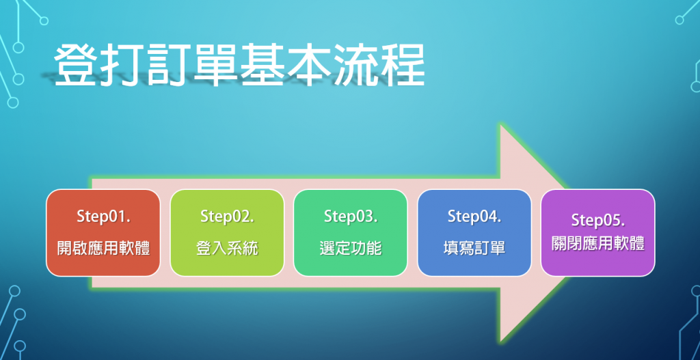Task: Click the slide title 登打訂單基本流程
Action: click(x=239, y=66)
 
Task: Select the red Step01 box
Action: click(x=103, y=233)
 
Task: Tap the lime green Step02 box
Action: click(x=227, y=233)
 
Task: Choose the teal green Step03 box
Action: click(x=351, y=233)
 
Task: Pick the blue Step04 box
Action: click(x=474, y=233)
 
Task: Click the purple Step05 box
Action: click(x=597, y=233)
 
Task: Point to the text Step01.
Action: click(x=103, y=217)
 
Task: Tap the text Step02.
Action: click(x=227, y=217)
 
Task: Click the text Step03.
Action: click(x=351, y=217)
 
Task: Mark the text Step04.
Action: click(x=474, y=217)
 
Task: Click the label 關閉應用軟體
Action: click(x=597, y=245)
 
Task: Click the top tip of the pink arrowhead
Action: click(x=501, y=126)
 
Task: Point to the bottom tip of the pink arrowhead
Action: click(x=501, y=342)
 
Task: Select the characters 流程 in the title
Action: click(x=379, y=66)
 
